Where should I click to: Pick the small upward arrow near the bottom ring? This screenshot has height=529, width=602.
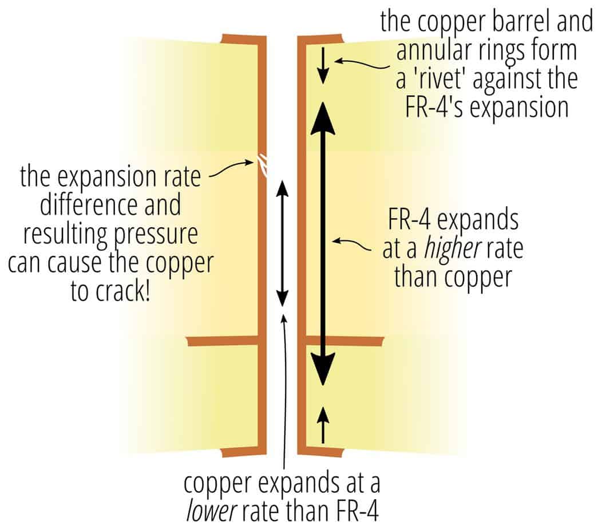[324, 424]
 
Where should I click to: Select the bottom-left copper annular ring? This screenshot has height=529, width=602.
[243, 452]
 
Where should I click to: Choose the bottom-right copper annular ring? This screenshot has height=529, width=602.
[320, 452]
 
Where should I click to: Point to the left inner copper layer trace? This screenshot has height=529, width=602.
[223, 341]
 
